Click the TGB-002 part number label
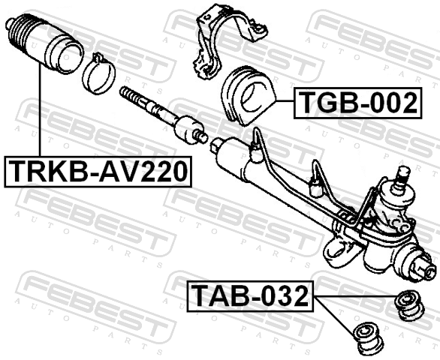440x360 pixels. (x=357, y=103)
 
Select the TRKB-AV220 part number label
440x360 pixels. (x=98, y=172)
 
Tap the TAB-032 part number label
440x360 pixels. (x=251, y=296)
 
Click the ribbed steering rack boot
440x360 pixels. (x=44, y=44)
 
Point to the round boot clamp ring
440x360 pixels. (x=98, y=74)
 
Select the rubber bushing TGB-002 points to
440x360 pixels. (x=248, y=96)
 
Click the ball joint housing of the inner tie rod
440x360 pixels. (x=187, y=130)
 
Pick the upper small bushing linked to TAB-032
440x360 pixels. (x=410, y=305)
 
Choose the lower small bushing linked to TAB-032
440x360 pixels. (x=368, y=340)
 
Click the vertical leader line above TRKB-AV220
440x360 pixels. (x=40, y=110)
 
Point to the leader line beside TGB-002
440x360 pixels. (x=285, y=100)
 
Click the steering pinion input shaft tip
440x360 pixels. (x=402, y=175)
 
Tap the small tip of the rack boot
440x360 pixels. (x=10, y=23)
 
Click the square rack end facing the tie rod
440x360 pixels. (x=215, y=145)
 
